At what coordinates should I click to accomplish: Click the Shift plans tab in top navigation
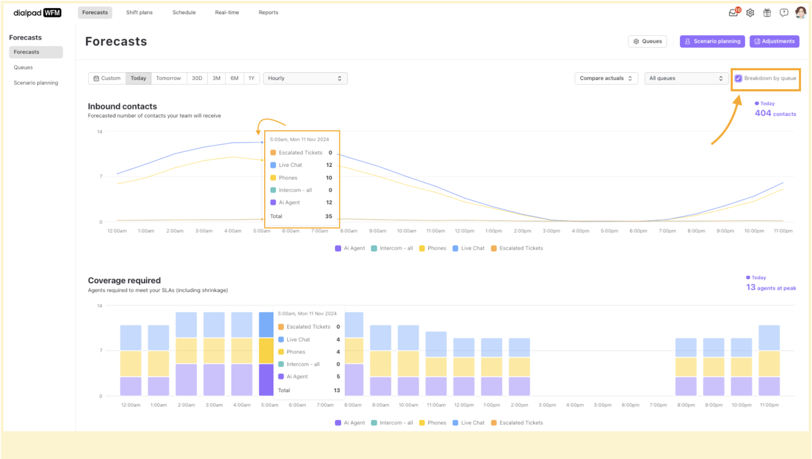pos(139,13)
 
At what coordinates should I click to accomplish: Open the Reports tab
pos(268,13)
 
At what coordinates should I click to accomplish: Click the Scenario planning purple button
pos(712,41)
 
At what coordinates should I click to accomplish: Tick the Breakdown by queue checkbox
pos(738,78)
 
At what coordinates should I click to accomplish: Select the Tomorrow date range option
pos(168,78)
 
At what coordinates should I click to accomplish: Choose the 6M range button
pos(234,78)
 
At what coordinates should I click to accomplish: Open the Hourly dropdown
pos(305,78)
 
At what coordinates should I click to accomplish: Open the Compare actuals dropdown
pos(606,78)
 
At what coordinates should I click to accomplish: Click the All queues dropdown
pos(686,78)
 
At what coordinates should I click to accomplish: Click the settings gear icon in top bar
pos(750,13)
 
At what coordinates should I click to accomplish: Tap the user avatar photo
pos(800,13)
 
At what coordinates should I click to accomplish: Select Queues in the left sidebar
pos(23,68)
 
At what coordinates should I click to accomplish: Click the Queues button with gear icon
pos(647,41)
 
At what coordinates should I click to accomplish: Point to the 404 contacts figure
pos(775,113)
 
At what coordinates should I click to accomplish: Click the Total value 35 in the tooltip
pos(328,216)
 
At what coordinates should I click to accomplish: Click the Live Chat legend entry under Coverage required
pos(469,423)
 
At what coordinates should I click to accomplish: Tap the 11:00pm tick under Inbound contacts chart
pos(783,231)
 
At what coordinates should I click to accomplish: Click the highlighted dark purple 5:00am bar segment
pos(266,380)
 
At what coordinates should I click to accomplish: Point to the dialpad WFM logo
pos(37,13)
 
